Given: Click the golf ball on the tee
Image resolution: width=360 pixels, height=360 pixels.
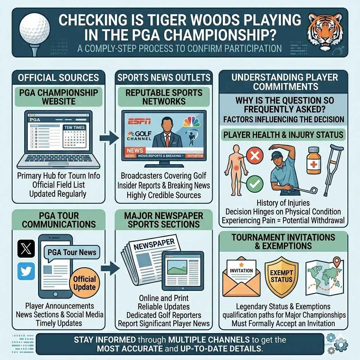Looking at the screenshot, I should (x=35, y=28).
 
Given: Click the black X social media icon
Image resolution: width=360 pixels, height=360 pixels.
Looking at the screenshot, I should (x=26, y=249).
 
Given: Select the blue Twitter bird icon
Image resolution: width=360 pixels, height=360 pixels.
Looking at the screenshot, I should (x=26, y=271).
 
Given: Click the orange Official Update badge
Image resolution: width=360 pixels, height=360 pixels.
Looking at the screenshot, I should (x=84, y=283).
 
